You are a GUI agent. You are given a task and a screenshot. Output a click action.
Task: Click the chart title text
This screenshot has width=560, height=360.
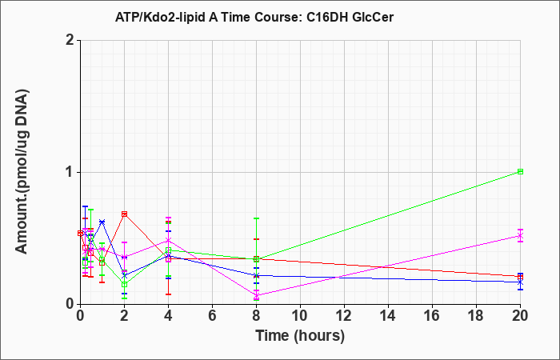[x=254, y=17]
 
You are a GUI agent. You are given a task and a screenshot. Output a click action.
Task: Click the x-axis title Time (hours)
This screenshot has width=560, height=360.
[x=300, y=336]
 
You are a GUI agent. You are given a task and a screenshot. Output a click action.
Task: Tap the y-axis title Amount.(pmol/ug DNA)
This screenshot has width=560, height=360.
[x=22, y=172]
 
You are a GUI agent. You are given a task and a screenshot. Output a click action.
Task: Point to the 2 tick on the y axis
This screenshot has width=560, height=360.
[x=70, y=41]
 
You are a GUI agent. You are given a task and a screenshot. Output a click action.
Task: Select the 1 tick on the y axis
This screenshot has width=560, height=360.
[x=70, y=173]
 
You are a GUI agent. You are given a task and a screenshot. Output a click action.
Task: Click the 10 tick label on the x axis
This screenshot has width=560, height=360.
[x=300, y=316]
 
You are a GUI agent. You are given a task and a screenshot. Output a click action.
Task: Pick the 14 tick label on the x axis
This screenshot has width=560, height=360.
[x=388, y=316]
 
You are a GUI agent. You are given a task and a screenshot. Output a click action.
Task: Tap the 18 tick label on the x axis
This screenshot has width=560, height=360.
[x=476, y=316]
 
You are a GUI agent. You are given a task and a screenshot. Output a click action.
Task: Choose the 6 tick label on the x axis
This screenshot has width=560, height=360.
[x=212, y=316]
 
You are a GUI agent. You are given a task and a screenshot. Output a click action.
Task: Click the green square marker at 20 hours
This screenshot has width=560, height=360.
[x=520, y=171]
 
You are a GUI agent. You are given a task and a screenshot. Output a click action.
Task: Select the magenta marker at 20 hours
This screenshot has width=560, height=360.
[x=520, y=236]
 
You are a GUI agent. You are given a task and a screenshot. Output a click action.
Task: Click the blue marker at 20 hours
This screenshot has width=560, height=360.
[x=520, y=282]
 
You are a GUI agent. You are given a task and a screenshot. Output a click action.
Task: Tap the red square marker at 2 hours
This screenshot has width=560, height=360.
[x=124, y=214]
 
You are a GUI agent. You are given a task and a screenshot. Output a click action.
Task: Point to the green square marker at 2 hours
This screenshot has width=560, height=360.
[x=124, y=284]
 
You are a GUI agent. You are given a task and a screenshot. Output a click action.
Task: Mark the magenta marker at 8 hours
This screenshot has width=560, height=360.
[x=257, y=295]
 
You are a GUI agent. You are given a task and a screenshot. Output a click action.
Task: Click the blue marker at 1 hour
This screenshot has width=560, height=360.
[x=102, y=222]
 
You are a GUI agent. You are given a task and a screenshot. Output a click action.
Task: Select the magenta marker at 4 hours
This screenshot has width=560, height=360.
[x=168, y=240]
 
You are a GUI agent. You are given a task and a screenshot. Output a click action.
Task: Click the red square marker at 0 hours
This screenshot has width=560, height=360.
[x=81, y=234]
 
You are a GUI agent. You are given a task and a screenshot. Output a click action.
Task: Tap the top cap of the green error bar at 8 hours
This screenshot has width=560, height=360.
[x=257, y=218]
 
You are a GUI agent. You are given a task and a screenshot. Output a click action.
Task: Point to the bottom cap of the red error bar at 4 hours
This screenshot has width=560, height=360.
[x=168, y=294]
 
